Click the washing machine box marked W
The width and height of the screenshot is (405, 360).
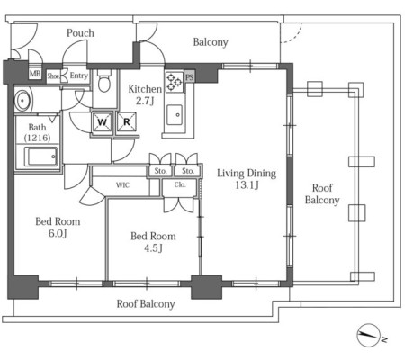coord(103,122)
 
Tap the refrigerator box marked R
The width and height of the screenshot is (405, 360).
coord(127,122)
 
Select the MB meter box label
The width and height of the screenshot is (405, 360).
coord(35,74)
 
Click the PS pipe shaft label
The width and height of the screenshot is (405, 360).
coord(189,77)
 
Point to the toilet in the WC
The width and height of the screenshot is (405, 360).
coord(104,81)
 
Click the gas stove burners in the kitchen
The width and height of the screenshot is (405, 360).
coord(174,82)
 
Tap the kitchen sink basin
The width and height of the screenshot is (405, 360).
coord(175,115)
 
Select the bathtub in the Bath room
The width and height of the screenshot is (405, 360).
coord(40,157)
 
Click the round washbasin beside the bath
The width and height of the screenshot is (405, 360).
coord(22,100)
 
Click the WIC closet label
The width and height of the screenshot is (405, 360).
coord(122,185)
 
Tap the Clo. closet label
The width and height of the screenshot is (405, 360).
coord(180,184)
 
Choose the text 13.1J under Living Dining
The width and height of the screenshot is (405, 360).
coord(247,185)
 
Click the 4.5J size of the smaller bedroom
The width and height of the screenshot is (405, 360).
coord(153,248)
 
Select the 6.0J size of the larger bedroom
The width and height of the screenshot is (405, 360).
coord(58,233)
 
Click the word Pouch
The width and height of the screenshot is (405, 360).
coord(80,33)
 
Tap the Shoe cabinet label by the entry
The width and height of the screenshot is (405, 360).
coord(53,76)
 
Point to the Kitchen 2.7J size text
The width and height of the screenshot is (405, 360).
coord(145,101)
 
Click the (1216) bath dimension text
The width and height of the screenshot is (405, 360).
coord(37,138)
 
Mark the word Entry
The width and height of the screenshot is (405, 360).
coord(79,76)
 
